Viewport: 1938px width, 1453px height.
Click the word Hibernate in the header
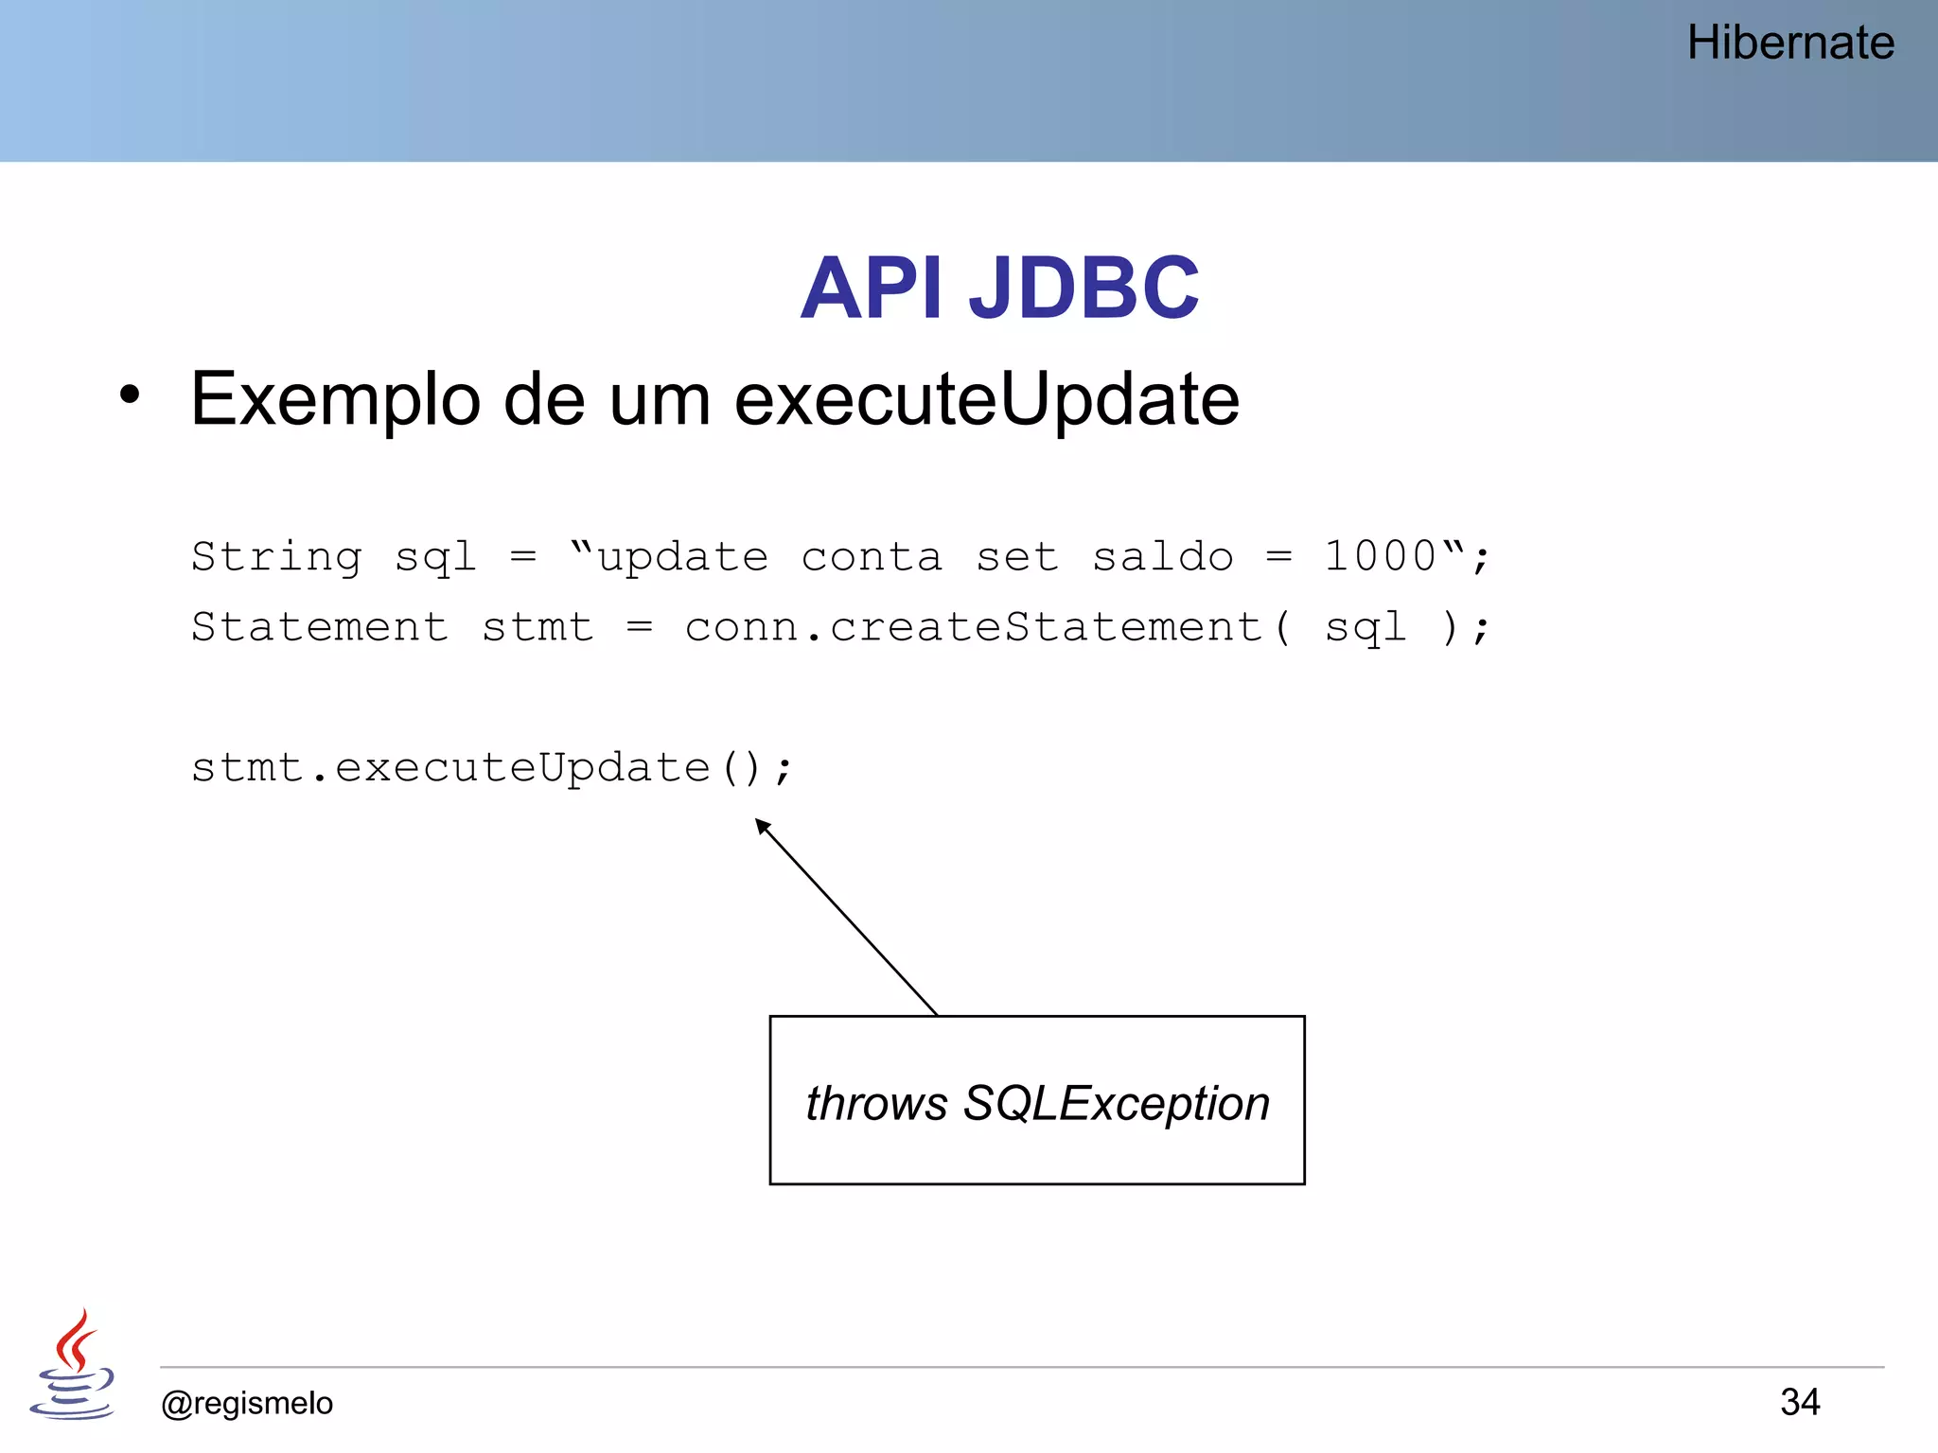(x=1789, y=44)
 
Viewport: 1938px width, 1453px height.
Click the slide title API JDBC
(x=999, y=288)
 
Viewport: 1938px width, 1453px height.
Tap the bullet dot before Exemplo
(x=130, y=395)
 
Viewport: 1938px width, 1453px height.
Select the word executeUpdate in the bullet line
(x=986, y=399)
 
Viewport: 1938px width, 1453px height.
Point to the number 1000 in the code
(x=1381, y=556)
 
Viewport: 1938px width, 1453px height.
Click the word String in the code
(x=276, y=556)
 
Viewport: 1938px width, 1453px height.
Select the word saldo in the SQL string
(x=1163, y=556)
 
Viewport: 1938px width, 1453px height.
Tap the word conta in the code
(x=872, y=557)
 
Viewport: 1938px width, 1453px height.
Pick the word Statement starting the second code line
(x=320, y=627)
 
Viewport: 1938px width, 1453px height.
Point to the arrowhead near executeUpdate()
(x=763, y=827)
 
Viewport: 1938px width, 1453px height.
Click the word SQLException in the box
(x=1116, y=1103)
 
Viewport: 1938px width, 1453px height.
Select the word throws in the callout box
(x=876, y=1103)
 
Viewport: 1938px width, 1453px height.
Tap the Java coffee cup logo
(x=73, y=1365)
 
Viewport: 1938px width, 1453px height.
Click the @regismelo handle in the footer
(x=247, y=1403)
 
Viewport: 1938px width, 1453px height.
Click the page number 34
(x=1799, y=1402)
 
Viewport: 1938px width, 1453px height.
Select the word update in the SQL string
(x=682, y=557)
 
